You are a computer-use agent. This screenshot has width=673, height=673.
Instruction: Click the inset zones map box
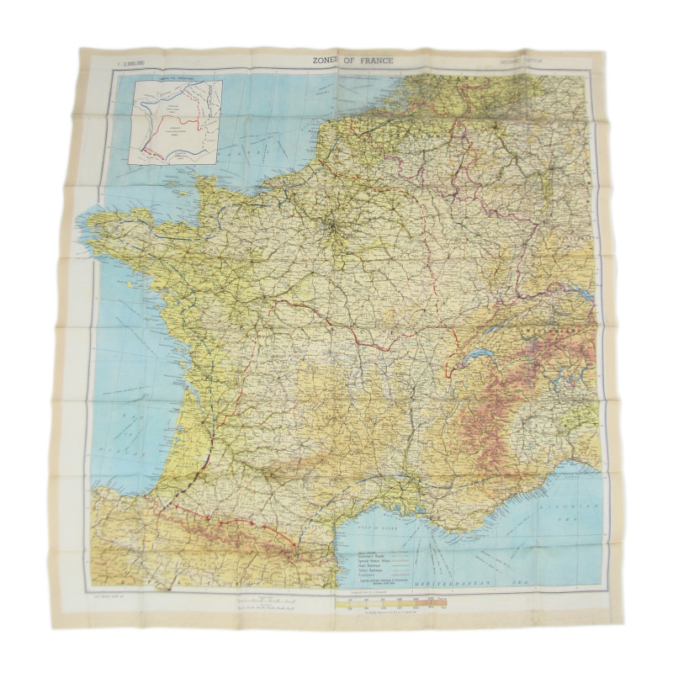(x=178, y=121)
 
